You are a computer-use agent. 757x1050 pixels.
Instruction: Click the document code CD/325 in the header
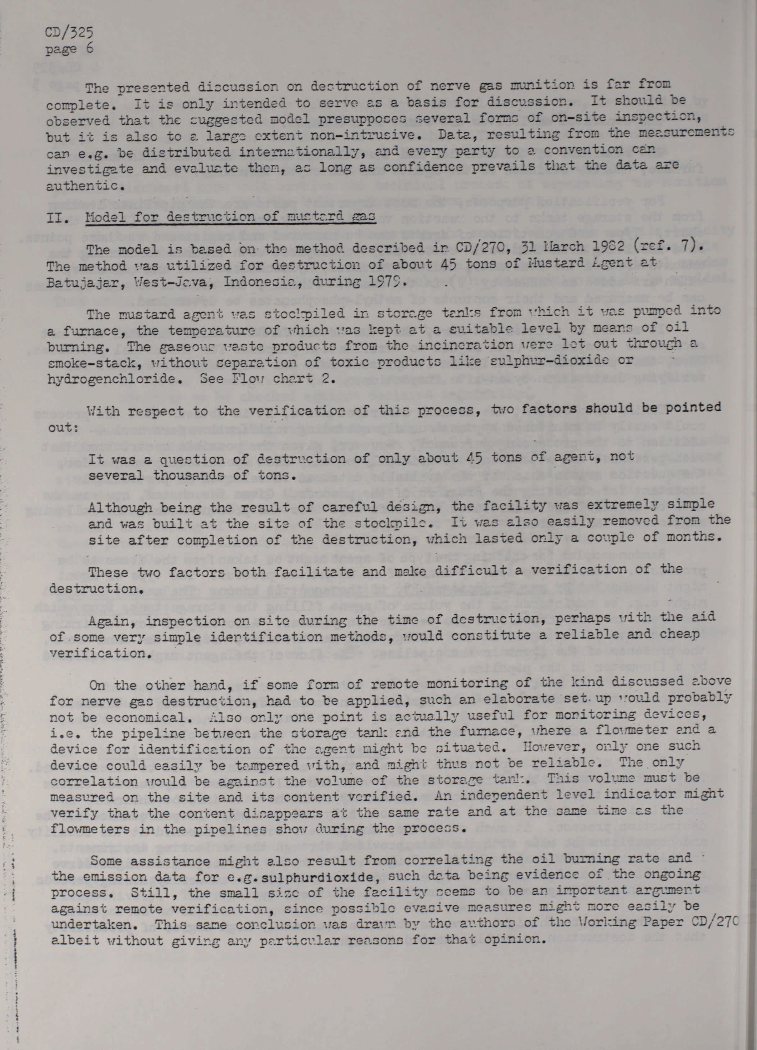pos(70,32)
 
